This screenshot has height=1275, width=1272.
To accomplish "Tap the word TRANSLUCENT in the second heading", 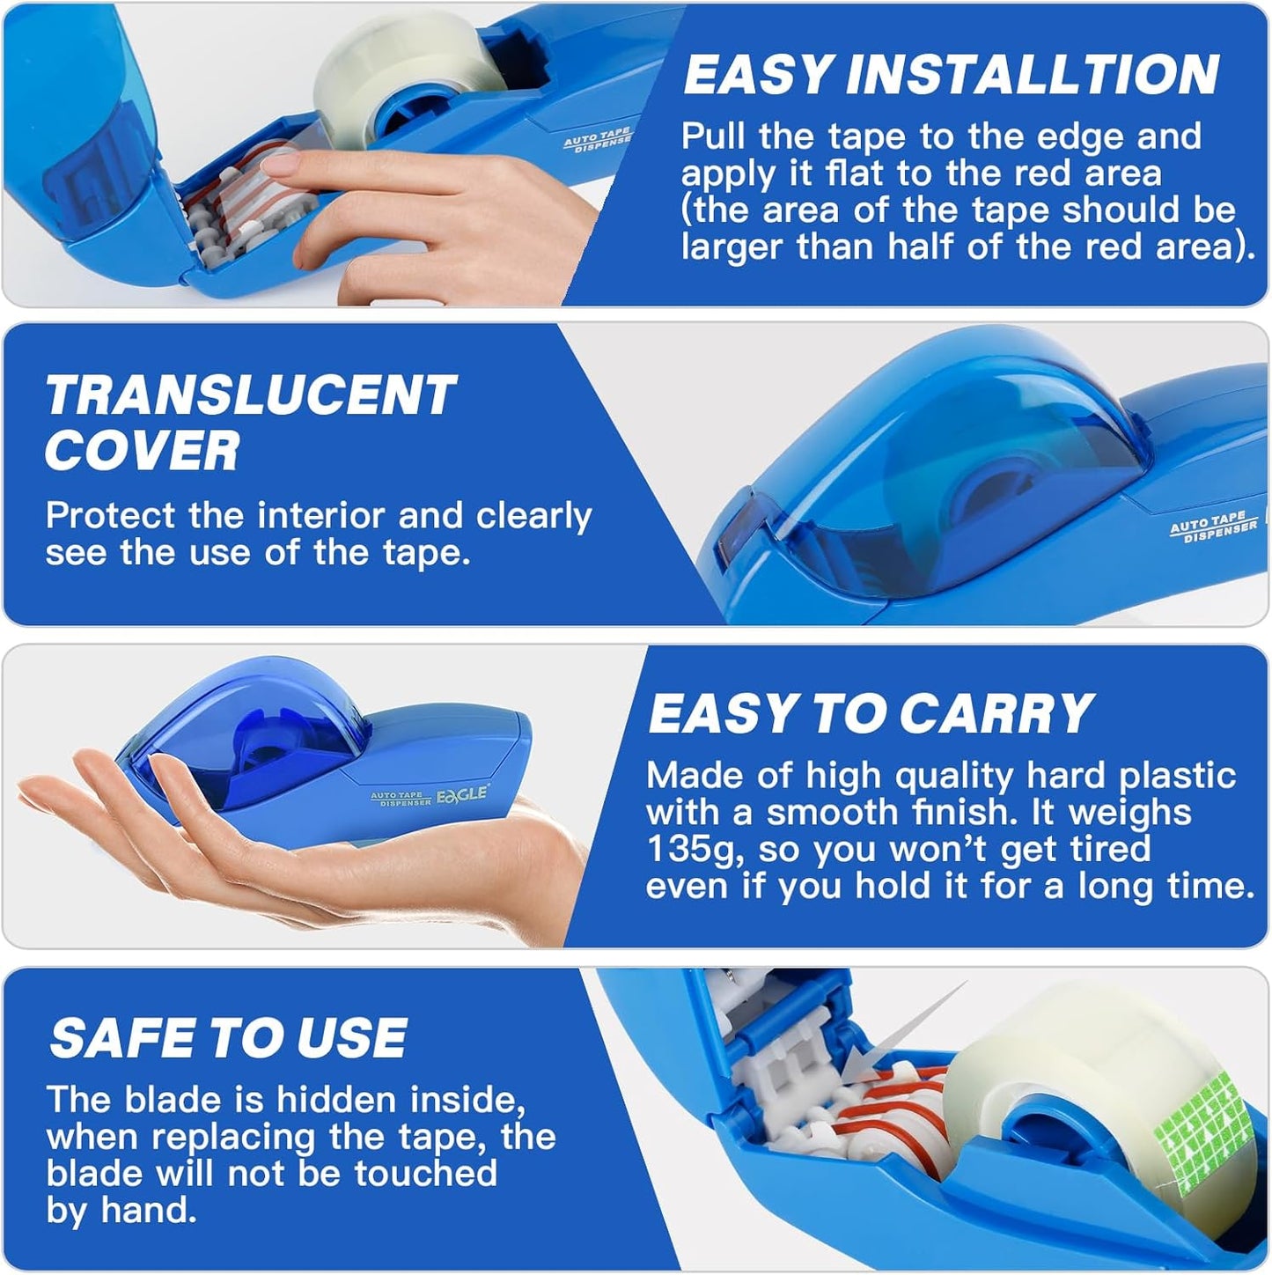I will (x=251, y=396).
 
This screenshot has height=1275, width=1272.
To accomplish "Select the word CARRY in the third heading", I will (x=996, y=714).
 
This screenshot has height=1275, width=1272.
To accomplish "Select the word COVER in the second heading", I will (x=142, y=452).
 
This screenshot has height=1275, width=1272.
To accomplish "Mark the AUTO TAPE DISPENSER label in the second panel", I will (x=1212, y=527).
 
